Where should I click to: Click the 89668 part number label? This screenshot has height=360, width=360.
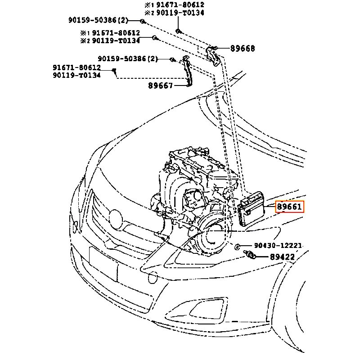click(242, 48)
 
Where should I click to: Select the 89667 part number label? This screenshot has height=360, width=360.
click(160, 85)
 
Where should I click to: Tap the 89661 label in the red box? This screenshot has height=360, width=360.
click(290, 207)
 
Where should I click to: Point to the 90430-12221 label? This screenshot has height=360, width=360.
click(278, 246)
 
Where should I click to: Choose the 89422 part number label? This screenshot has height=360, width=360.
click(282, 257)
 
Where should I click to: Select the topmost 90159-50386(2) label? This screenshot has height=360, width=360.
click(98, 20)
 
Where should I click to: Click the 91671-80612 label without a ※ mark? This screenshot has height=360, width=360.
click(76, 67)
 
